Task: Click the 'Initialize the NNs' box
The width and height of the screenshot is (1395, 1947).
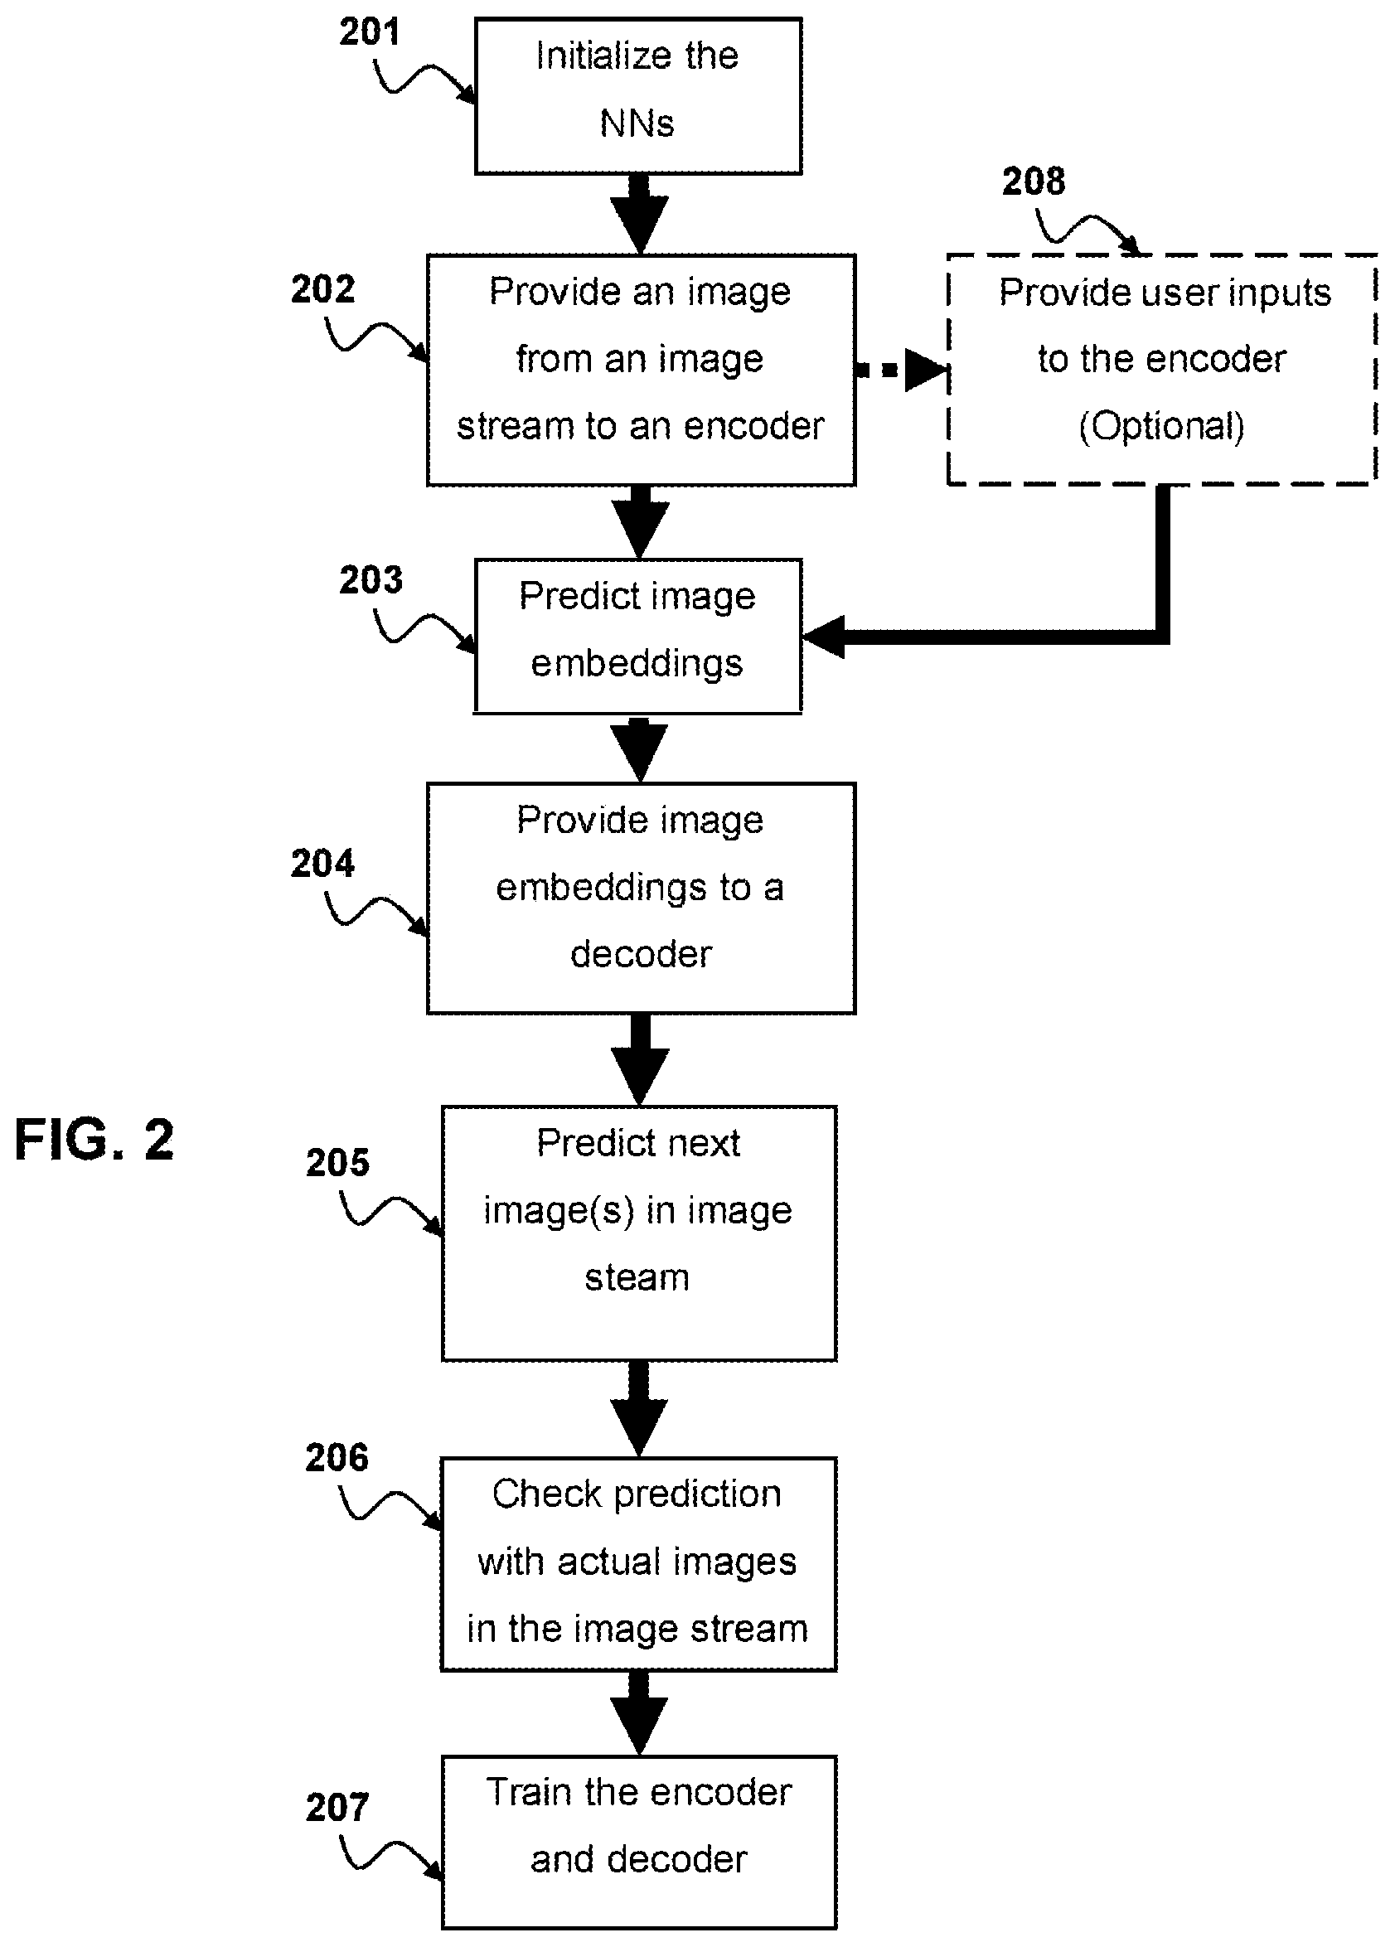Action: (x=638, y=96)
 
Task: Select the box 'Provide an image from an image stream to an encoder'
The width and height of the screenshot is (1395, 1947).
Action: (x=642, y=370)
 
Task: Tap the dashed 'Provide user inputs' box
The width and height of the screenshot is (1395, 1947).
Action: (x=1162, y=370)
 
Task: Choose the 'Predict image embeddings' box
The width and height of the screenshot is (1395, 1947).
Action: (x=638, y=636)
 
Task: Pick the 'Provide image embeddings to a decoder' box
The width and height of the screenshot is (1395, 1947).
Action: (x=642, y=898)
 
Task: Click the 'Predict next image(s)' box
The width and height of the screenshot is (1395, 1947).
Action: (x=639, y=1233)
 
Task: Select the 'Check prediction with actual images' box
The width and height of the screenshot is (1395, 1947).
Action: (x=638, y=1564)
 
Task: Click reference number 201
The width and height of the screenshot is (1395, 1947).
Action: (x=370, y=31)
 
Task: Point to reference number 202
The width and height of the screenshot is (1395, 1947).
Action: (x=322, y=288)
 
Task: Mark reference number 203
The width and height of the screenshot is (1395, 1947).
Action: (x=371, y=579)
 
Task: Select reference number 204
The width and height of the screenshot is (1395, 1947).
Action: (x=322, y=863)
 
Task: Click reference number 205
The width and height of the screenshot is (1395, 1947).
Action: (x=337, y=1161)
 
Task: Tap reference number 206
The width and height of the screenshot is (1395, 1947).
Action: (x=337, y=1457)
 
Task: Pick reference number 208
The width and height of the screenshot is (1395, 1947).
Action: (x=1034, y=182)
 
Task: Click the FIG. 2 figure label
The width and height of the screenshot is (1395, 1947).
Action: (x=94, y=1139)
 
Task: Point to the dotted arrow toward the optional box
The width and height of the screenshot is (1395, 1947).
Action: (x=901, y=371)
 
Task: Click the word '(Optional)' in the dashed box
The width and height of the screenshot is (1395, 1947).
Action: (x=1161, y=426)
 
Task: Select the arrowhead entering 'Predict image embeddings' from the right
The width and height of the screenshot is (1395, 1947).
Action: (x=822, y=637)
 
